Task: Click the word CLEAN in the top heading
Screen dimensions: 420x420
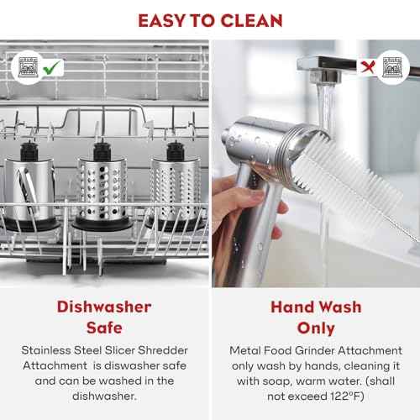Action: point(251,21)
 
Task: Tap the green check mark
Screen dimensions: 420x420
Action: point(51,67)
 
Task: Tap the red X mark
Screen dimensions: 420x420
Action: point(367,67)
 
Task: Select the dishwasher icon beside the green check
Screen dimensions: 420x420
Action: point(28,67)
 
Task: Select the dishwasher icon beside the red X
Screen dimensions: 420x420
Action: point(392,67)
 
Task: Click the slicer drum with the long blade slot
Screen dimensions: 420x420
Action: point(29,186)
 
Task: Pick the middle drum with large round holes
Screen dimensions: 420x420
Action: point(102,186)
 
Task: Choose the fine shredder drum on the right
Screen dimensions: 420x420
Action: point(175,186)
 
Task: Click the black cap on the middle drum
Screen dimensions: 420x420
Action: point(102,151)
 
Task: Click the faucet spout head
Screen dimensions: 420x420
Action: point(326,75)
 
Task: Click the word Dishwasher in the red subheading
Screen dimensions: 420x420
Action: point(104,307)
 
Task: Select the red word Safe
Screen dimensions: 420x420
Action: point(104,328)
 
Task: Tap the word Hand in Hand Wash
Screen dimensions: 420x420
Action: point(292,307)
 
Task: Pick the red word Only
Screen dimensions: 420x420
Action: point(316,328)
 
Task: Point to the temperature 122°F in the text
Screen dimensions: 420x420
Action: point(347,396)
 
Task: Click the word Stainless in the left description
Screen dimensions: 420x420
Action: point(46,350)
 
